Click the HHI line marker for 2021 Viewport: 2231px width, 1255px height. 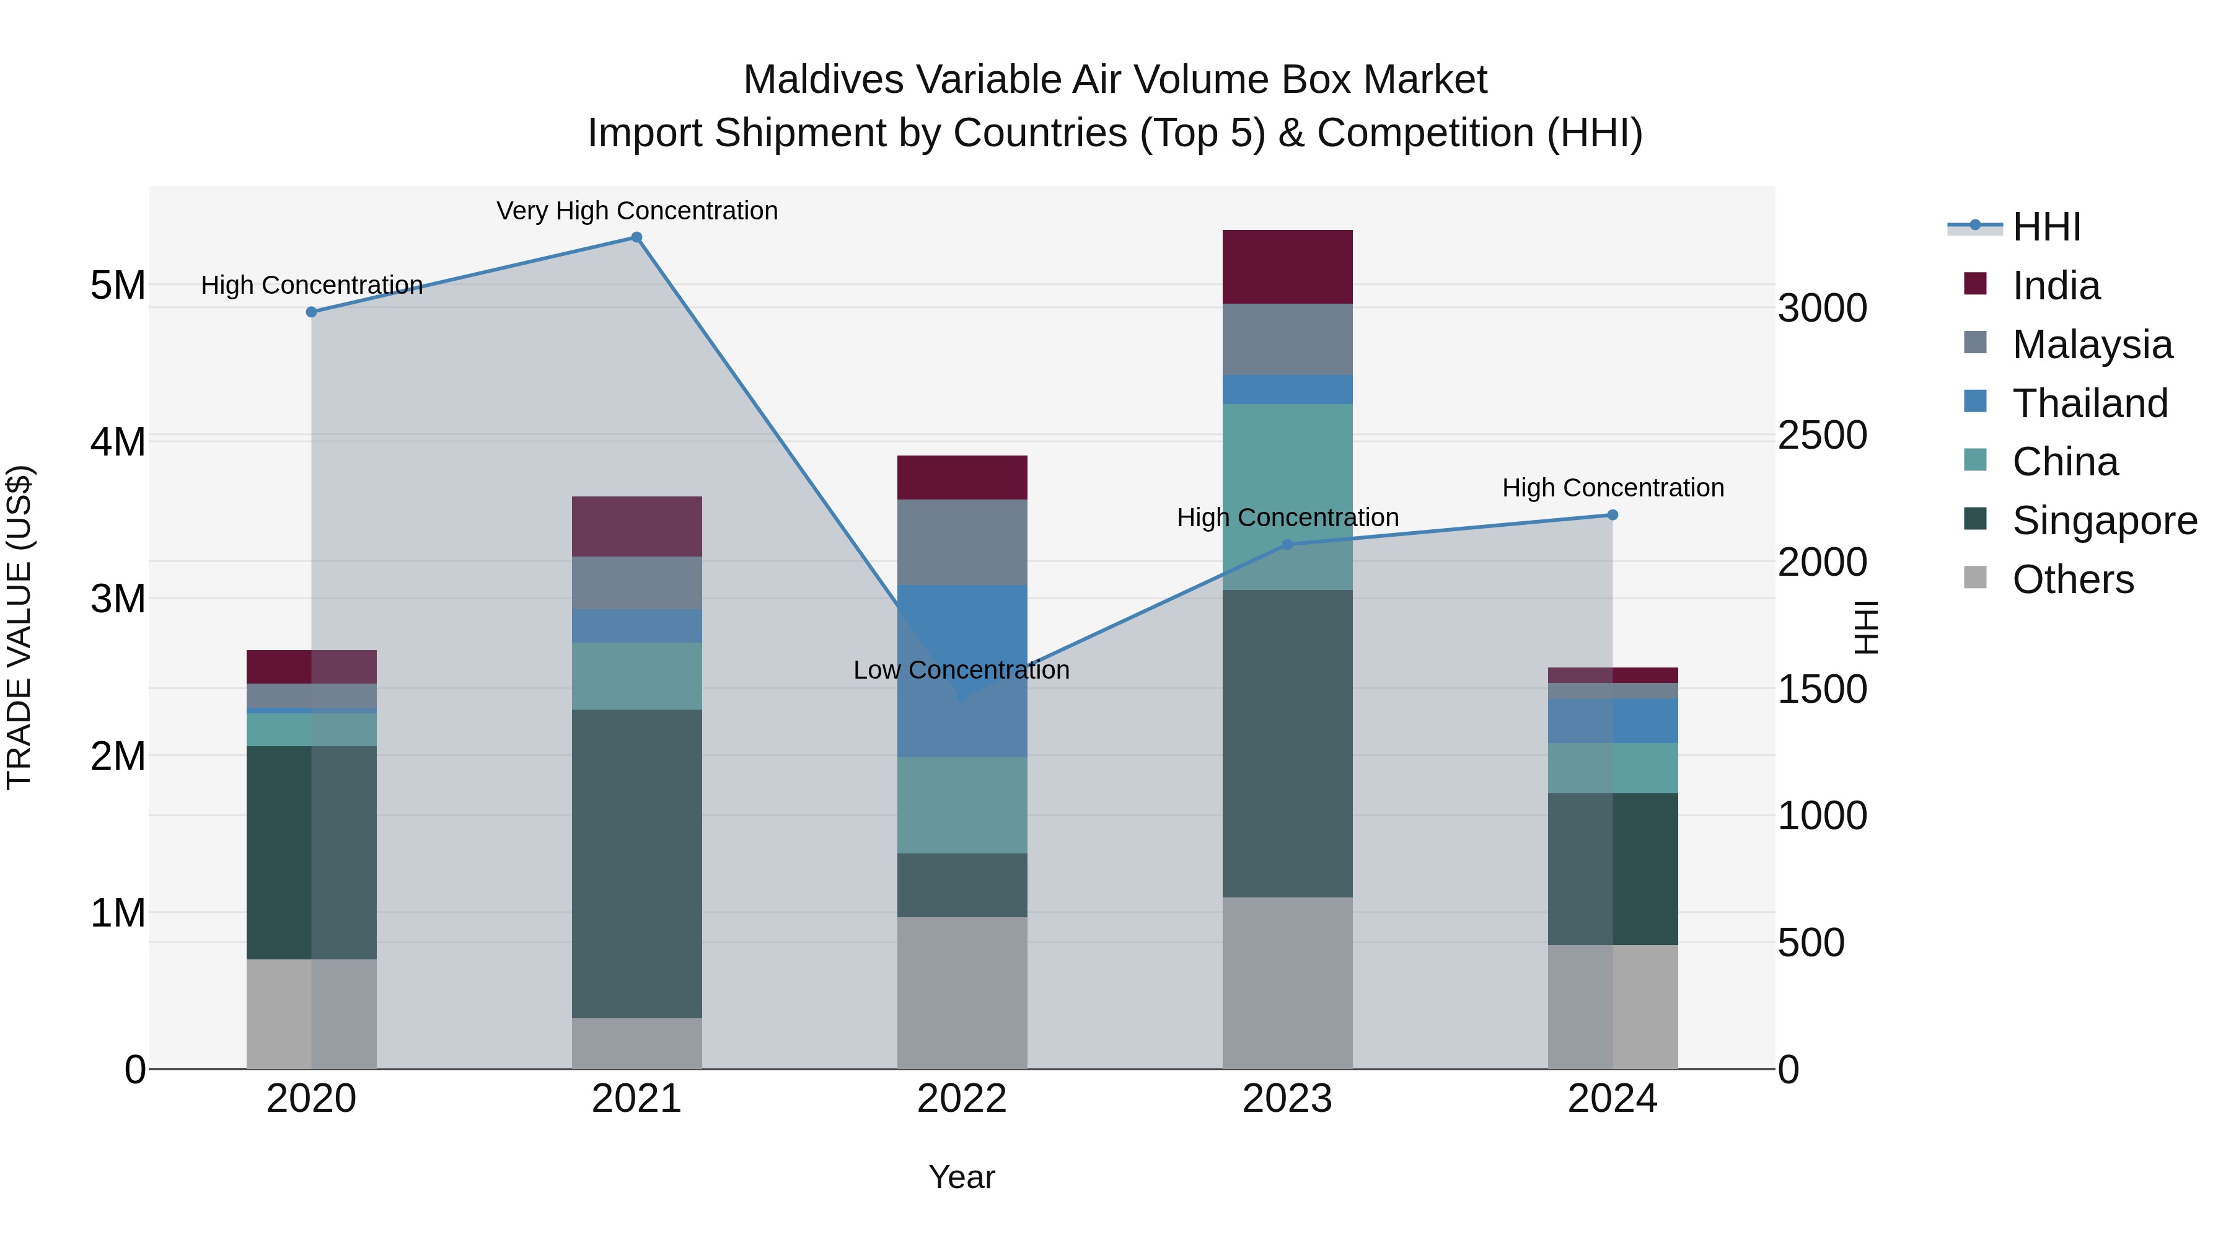tap(636, 237)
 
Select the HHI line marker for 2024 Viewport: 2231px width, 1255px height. tap(1612, 516)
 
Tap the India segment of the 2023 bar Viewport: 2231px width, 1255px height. tap(1287, 266)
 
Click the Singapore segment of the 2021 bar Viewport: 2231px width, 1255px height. tap(636, 863)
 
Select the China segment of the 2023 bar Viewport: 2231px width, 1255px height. tap(1287, 496)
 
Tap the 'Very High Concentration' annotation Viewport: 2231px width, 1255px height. tap(636, 211)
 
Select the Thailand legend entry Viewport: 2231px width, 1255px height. tap(2089, 403)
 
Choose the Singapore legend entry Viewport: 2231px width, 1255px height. tap(2104, 521)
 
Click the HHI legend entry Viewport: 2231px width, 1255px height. tap(2046, 227)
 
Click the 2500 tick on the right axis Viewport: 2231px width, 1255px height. tap(1822, 435)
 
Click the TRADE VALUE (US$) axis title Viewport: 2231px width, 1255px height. tap(19, 627)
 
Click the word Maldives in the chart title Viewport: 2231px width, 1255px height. tap(824, 80)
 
